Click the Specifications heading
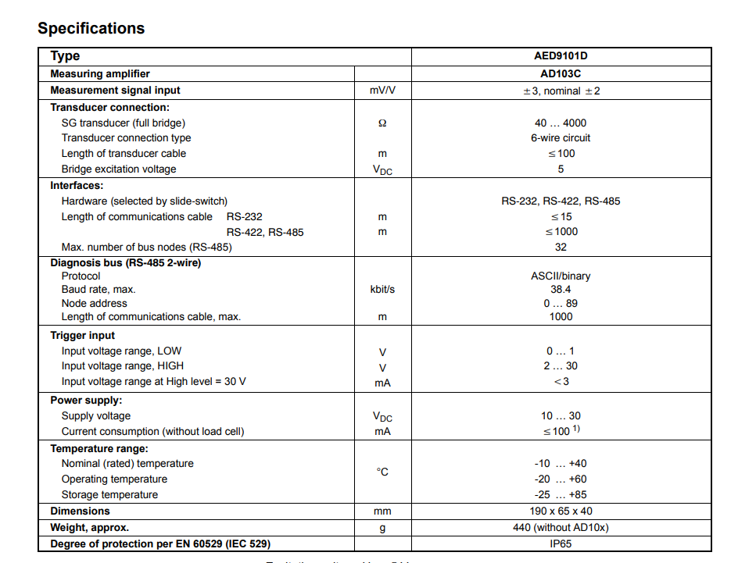tap(91, 28)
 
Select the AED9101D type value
tap(561, 56)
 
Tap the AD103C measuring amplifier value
tap(561, 73)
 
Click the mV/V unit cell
tap(382, 91)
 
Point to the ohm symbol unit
tap(382, 123)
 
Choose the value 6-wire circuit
tap(561, 138)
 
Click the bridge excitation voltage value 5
tap(561, 169)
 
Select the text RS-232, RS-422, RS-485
tap(561, 201)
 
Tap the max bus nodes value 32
tap(561, 248)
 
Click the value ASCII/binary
tap(561, 276)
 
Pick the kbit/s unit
tap(382, 290)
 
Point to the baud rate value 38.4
tap(561, 290)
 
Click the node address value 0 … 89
tap(561, 304)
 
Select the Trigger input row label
tap(83, 336)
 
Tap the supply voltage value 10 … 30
tap(561, 416)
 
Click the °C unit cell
tap(382, 472)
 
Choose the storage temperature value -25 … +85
tap(561, 495)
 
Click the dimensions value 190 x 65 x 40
tap(561, 511)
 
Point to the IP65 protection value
tap(561, 543)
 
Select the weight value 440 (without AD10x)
tap(561, 528)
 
